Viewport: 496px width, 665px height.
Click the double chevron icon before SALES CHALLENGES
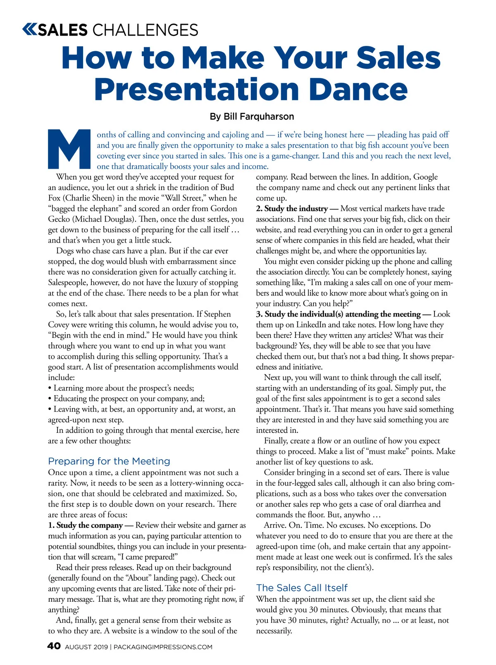tap(29, 30)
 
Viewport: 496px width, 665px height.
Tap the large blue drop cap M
tap(69, 149)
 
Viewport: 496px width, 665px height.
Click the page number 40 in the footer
tap(54, 646)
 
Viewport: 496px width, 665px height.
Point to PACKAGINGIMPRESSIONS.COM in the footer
tap(163, 647)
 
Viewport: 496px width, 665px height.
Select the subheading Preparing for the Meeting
tap(109, 461)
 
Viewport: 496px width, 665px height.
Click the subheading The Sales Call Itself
tap(302, 588)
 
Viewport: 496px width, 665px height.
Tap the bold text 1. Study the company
tap(86, 525)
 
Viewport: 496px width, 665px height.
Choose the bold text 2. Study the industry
tap(292, 209)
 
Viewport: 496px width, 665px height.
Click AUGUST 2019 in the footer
tap(86, 647)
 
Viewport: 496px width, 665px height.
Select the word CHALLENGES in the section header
tap(145, 30)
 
